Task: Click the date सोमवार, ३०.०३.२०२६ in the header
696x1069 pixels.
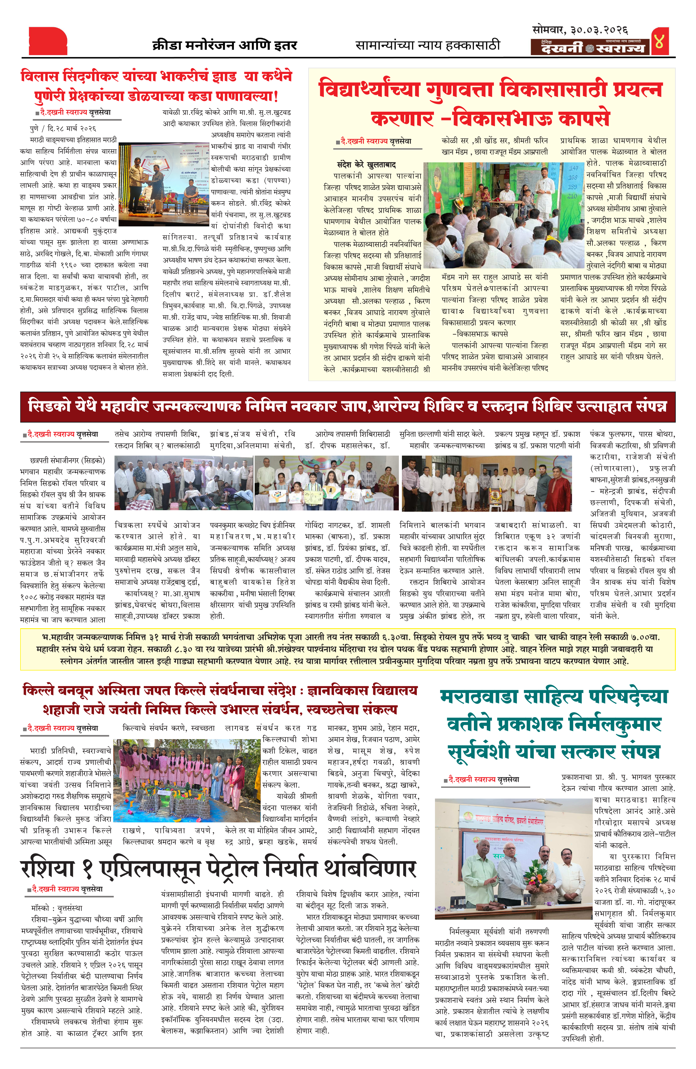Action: (580, 30)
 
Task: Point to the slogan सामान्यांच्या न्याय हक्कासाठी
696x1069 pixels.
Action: (427, 45)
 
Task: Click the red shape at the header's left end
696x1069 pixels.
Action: (48, 41)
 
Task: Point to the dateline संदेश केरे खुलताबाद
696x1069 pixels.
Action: (366, 164)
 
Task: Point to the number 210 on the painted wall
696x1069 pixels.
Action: (572, 196)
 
